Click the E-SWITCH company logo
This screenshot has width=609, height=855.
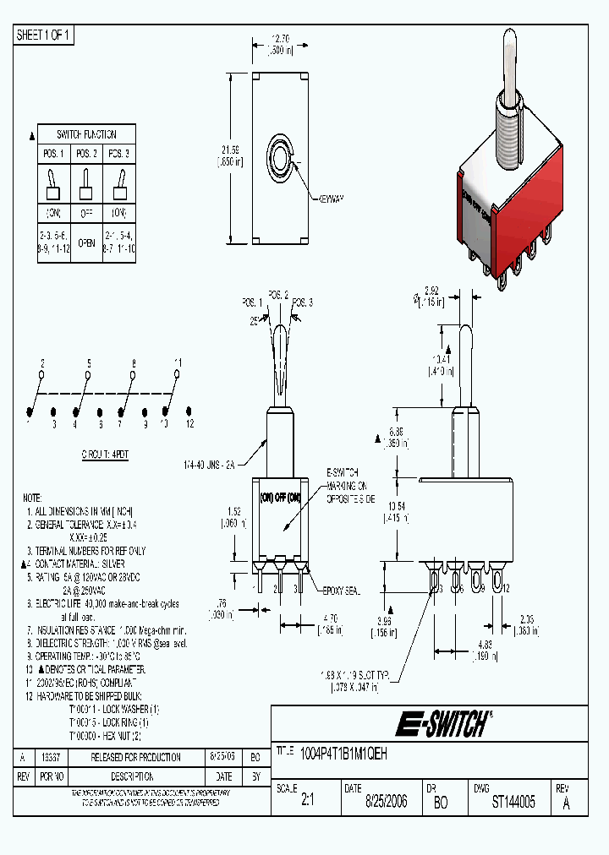tap(442, 722)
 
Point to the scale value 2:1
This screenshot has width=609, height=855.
tap(307, 802)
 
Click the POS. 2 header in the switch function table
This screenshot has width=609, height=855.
tap(87, 154)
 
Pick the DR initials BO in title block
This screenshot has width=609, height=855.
tap(441, 802)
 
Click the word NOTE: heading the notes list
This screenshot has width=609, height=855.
tap(32, 498)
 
